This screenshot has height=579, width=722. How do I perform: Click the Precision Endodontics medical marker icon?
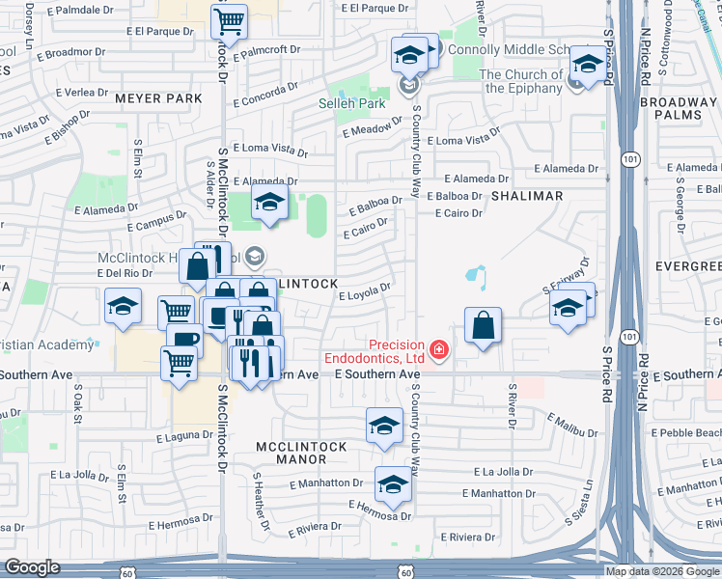tap(440, 348)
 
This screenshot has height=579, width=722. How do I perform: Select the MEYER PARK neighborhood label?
tap(158, 98)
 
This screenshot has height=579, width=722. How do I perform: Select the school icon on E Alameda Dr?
tap(269, 201)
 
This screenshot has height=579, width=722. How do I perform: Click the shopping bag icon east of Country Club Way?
tap(483, 325)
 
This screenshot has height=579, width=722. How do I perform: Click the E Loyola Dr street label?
tap(364, 291)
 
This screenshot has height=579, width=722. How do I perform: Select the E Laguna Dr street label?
tap(184, 437)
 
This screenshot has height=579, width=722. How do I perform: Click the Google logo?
tap(32, 568)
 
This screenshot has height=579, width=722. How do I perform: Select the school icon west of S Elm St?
tap(123, 306)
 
